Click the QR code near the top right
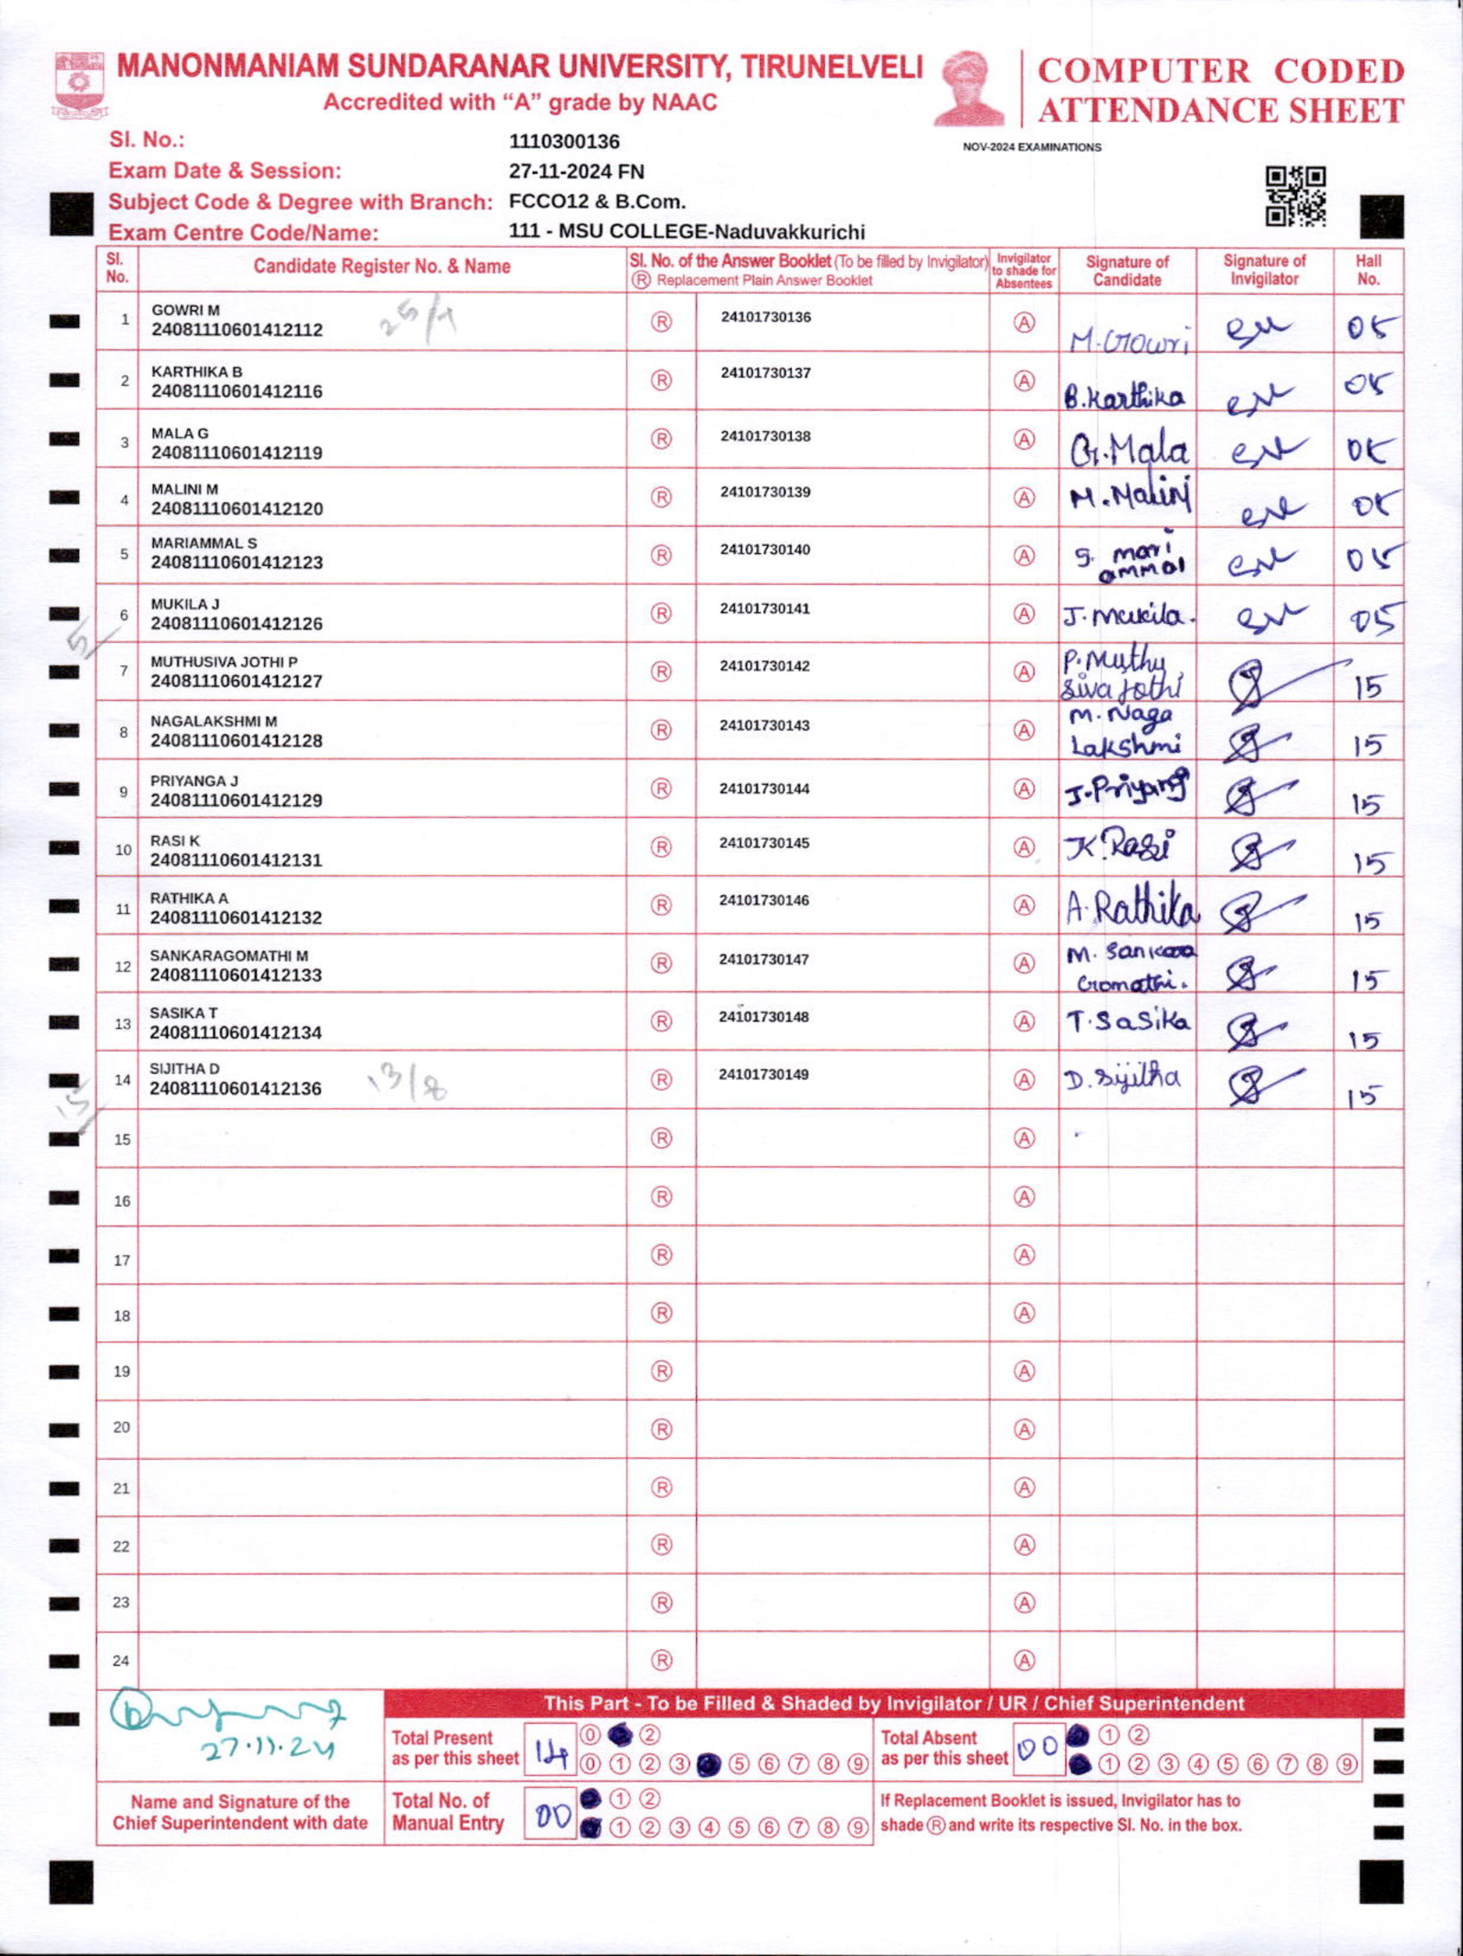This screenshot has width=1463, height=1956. (1295, 196)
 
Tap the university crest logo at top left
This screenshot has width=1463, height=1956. (79, 86)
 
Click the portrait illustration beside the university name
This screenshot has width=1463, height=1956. (970, 89)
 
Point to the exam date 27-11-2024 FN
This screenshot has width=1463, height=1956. (576, 171)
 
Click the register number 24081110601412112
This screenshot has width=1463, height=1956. (237, 330)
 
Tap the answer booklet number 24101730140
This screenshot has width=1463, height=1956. (765, 549)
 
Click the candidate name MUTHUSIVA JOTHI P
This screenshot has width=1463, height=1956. (224, 662)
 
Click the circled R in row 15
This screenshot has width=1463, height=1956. (661, 1138)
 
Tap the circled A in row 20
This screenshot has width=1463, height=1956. (1024, 1429)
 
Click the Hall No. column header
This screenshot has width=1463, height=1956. (1367, 269)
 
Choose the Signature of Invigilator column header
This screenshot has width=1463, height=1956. (1264, 269)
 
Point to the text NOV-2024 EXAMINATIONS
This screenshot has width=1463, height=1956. (1032, 148)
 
